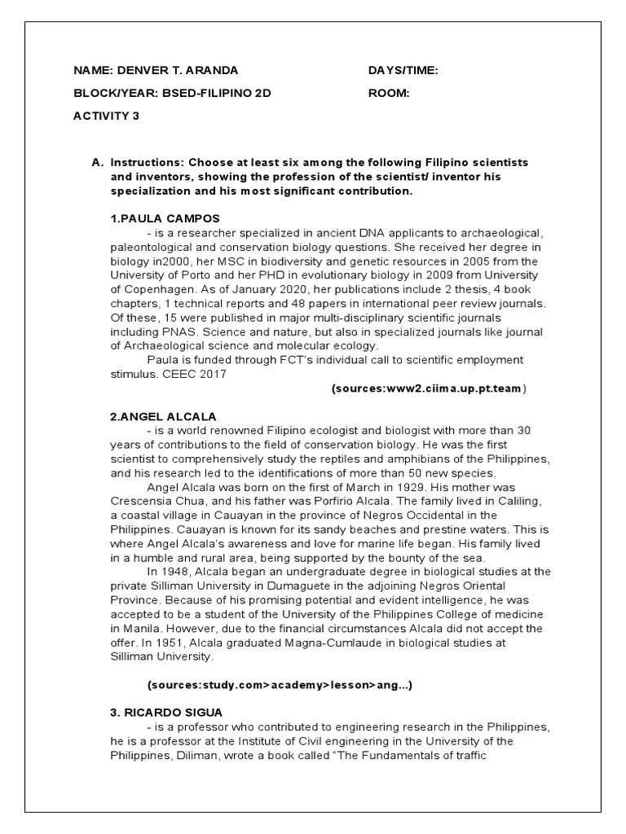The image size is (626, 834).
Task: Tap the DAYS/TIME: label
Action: click(403, 71)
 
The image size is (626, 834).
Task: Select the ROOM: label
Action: click(389, 93)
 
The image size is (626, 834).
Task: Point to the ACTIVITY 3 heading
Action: click(106, 116)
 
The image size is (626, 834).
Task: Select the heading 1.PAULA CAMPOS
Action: click(165, 219)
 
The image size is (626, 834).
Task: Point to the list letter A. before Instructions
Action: click(98, 162)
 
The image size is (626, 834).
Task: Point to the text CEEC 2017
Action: click(196, 374)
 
